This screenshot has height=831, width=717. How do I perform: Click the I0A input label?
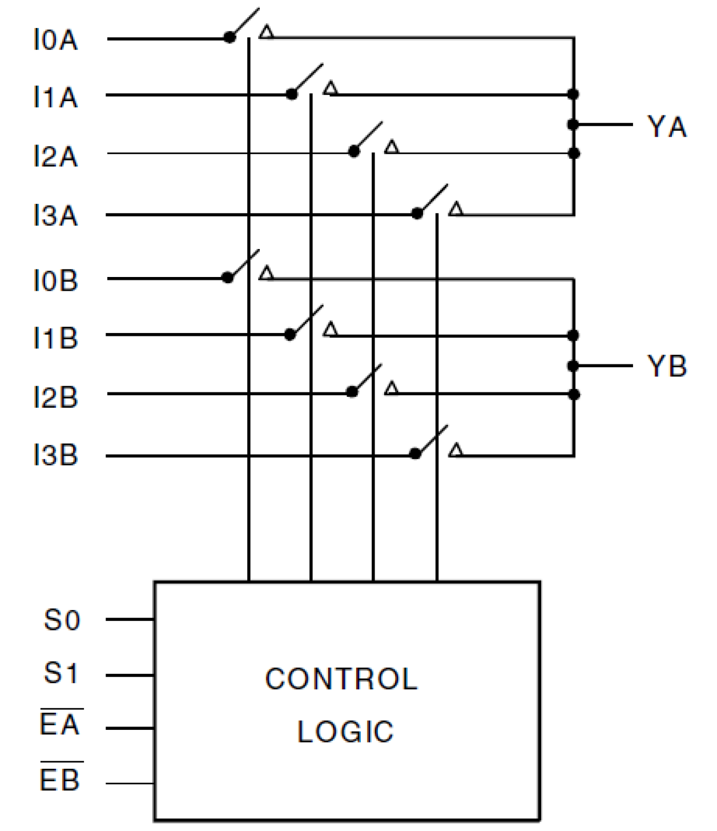(x=55, y=40)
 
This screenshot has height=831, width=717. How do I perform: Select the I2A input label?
(x=55, y=156)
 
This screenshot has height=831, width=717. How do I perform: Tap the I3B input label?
(x=55, y=456)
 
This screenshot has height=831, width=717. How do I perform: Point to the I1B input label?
(x=55, y=338)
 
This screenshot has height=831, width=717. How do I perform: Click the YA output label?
(x=666, y=126)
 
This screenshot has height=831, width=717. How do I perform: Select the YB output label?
(x=666, y=366)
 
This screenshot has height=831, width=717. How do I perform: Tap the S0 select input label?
(x=62, y=620)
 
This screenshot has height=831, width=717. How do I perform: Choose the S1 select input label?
(x=61, y=673)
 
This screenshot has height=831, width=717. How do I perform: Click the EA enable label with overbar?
(x=61, y=724)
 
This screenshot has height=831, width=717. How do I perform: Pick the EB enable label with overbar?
(x=61, y=779)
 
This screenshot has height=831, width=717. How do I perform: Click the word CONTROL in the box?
(x=341, y=679)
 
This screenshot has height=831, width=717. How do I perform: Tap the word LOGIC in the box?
(x=345, y=732)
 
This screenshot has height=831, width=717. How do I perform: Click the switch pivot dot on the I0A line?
(x=229, y=38)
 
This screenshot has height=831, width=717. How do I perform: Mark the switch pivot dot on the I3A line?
(x=417, y=214)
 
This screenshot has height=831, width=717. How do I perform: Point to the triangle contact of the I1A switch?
(x=330, y=89)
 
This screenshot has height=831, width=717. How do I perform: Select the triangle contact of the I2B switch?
(x=391, y=388)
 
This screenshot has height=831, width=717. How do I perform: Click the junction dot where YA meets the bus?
(x=574, y=125)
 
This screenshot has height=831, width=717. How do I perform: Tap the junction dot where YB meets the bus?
(x=574, y=366)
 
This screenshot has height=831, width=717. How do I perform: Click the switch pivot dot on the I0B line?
(x=228, y=278)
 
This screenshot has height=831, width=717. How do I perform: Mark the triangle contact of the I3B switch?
(x=455, y=450)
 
